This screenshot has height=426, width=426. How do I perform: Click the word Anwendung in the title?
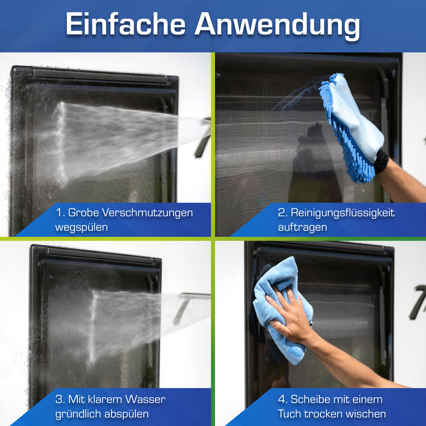(277, 26)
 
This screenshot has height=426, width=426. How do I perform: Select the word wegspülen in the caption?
(82, 227)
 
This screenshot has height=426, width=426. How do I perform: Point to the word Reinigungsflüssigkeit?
(342, 213)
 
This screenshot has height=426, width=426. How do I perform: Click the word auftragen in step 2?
(302, 227)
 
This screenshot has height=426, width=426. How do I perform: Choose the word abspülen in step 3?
(126, 414)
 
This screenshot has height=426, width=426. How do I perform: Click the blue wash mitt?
(352, 128)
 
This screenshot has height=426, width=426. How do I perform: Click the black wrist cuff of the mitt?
(381, 161)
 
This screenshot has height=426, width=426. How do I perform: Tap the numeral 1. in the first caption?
(60, 213)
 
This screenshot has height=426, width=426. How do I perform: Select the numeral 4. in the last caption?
(283, 400)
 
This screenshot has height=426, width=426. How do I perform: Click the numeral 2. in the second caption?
(283, 213)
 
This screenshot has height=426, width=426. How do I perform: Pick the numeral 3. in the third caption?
(60, 400)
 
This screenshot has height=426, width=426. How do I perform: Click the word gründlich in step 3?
(78, 414)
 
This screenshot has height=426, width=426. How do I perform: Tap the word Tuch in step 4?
(289, 414)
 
